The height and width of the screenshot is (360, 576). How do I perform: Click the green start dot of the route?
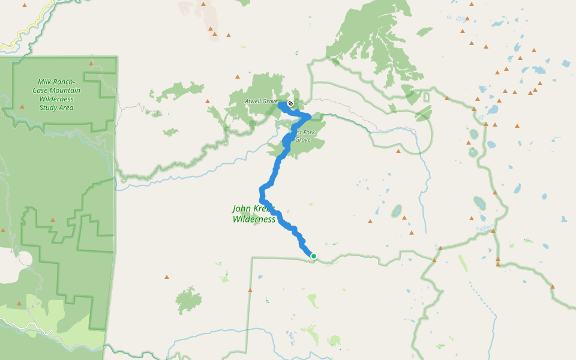(x=313, y=256)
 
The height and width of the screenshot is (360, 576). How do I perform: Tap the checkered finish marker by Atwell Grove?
(x=290, y=104)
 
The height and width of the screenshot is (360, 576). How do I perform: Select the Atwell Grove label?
(x=261, y=101)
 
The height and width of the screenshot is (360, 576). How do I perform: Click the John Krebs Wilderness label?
(x=253, y=214)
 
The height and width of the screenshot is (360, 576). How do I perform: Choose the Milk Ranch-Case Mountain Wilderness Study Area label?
(x=56, y=95)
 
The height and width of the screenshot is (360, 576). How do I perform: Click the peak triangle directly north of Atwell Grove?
(x=238, y=77)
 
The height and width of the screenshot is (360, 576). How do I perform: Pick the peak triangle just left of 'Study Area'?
(x=22, y=107)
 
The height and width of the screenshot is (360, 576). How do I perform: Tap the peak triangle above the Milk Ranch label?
(x=91, y=63)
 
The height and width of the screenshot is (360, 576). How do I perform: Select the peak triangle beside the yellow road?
(x=25, y=5)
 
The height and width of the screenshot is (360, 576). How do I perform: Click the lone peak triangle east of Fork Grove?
(x=398, y=151)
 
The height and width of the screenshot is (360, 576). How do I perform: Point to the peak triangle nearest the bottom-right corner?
(x=552, y=287)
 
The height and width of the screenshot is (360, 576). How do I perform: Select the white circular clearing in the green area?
(x=25, y=259)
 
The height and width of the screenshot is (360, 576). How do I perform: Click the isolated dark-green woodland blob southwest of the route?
(x=188, y=300)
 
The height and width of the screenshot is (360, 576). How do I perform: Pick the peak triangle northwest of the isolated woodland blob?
(x=166, y=277)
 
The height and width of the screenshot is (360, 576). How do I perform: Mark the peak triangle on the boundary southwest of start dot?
(x=250, y=290)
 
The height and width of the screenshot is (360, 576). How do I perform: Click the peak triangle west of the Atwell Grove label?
(x=208, y=101)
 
